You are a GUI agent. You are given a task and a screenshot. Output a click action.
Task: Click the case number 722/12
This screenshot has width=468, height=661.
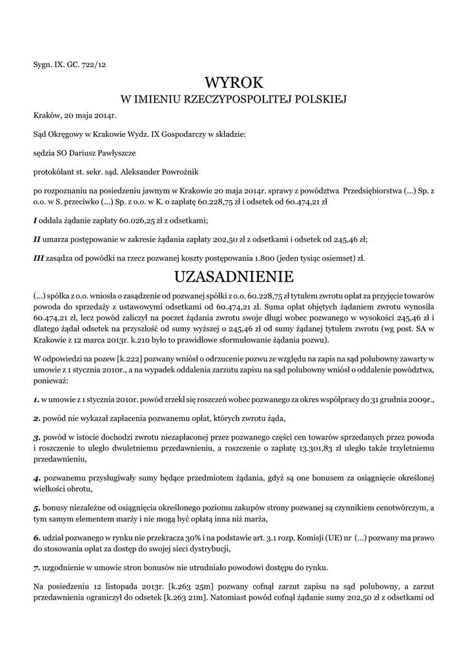coord(94,66)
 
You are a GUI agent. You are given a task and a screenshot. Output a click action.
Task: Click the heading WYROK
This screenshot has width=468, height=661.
coord(234,83)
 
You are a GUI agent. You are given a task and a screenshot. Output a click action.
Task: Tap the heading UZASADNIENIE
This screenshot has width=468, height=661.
coord(234,277)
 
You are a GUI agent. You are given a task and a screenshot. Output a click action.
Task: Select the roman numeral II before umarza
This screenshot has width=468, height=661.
coord(37,239)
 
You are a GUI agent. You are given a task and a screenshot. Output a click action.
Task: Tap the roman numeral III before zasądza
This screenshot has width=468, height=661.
coord(38,258)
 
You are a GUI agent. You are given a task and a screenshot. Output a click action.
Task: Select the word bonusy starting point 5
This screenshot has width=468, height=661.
coord(57,507)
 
